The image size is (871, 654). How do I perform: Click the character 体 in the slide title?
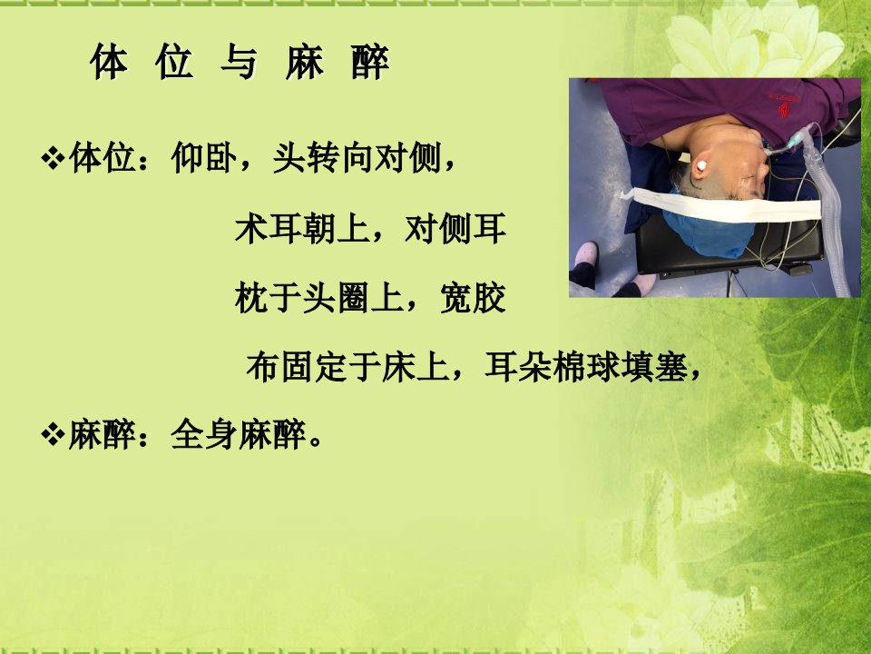(109, 61)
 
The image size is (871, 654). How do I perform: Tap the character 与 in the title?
(240, 61)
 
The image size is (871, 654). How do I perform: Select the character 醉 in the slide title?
(370, 61)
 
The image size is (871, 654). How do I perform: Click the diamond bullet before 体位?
(53, 158)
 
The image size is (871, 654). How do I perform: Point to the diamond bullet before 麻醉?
(53, 434)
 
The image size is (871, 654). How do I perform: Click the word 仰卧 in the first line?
(204, 158)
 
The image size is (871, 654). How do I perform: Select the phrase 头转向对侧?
(357, 158)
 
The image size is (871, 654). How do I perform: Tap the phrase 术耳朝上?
(302, 229)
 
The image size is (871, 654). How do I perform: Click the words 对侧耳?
(455, 229)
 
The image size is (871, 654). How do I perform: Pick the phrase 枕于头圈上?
(319, 298)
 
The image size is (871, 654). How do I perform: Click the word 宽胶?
(473, 298)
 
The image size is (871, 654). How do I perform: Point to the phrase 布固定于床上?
(347, 366)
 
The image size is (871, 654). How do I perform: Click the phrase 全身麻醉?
(239, 434)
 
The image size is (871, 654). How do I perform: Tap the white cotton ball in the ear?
(699, 166)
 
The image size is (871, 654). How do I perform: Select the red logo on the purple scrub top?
(784, 105)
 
